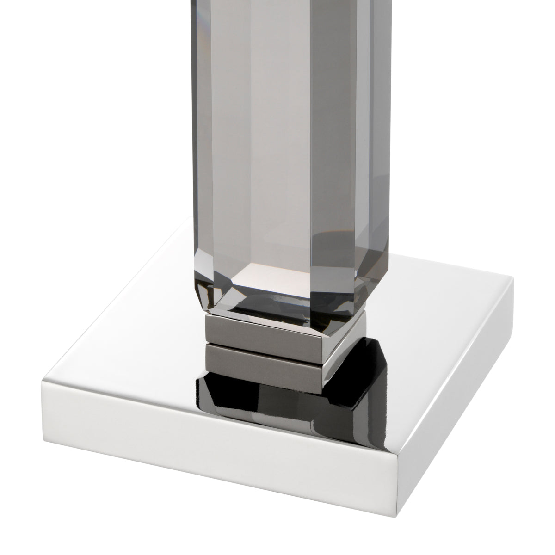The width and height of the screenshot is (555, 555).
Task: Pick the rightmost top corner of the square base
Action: [513, 278]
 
